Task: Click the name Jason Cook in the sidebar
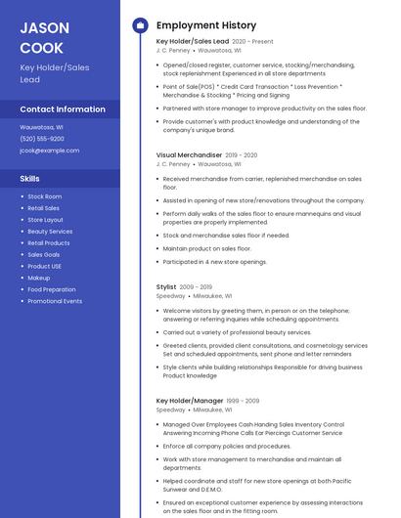[x=41, y=37]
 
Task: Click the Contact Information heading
[x=63, y=108]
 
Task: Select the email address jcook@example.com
[x=50, y=151]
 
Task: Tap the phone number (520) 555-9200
[x=42, y=139]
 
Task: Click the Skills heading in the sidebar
[x=30, y=178]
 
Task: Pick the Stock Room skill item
[x=44, y=196]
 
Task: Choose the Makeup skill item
[x=39, y=278]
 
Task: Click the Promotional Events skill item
[x=55, y=301]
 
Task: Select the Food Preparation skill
[x=52, y=289]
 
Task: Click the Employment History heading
[x=206, y=25]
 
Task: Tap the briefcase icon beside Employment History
[x=139, y=25]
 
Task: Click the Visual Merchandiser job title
[x=189, y=155]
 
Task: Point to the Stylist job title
[x=166, y=286]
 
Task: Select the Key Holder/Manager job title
[x=190, y=401]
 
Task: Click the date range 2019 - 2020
[x=242, y=155]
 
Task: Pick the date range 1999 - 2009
[x=243, y=401]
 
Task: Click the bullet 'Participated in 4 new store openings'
[x=214, y=262]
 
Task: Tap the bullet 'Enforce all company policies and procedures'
[x=227, y=446]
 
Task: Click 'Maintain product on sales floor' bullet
[x=207, y=248]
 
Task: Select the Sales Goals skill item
[x=44, y=254]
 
